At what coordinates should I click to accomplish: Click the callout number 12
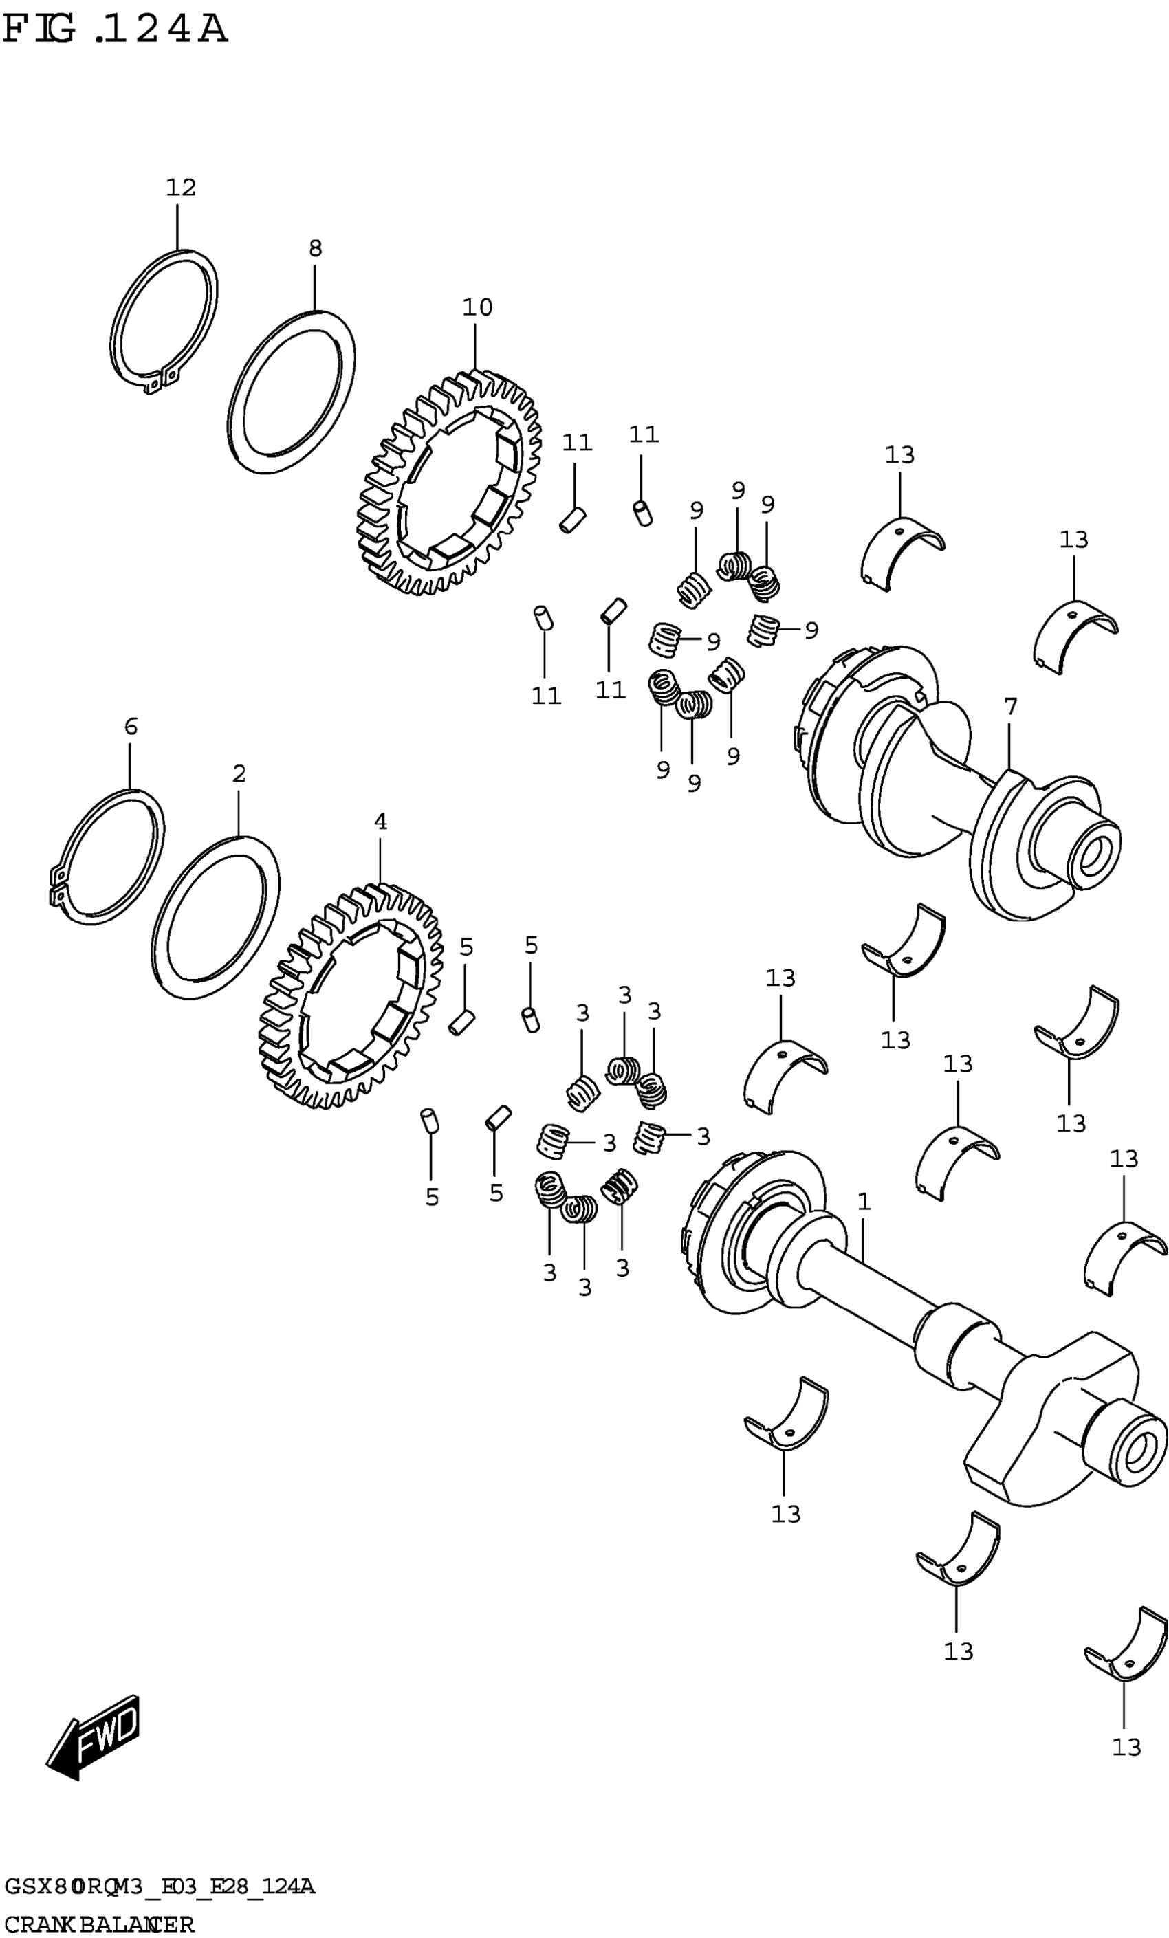tap(180, 188)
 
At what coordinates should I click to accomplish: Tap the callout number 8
tap(315, 250)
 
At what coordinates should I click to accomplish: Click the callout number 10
tap(477, 307)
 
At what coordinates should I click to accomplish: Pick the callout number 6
tap(131, 727)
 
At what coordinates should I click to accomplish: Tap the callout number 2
tap(239, 774)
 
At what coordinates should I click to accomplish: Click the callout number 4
tap(380, 822)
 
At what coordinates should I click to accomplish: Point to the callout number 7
tap(1010, 707)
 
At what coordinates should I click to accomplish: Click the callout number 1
tap(864, 1202)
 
